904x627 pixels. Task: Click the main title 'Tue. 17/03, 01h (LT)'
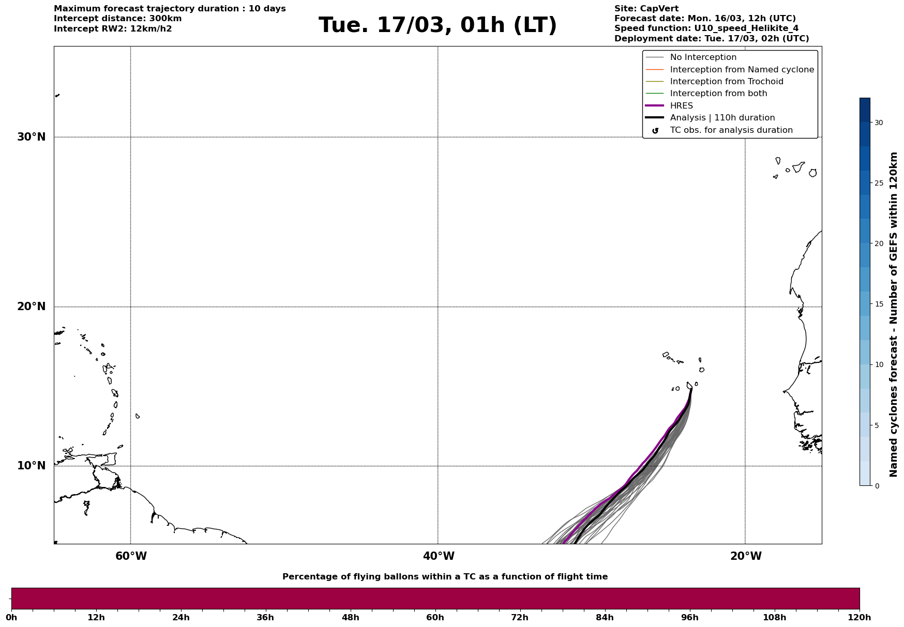pos(438,25)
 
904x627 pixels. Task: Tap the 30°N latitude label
pos(31,137)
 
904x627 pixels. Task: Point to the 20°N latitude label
pos(31,307)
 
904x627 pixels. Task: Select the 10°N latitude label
pos(31,466)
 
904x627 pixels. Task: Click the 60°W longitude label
pos(131,556)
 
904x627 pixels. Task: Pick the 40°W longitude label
pos(439,556)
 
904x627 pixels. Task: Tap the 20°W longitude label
pos(746,556)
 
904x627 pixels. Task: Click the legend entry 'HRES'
pos(681,106)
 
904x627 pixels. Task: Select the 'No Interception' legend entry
pos(703,57)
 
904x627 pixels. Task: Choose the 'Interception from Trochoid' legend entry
pos(726,82)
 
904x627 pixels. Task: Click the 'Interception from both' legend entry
pos(718,94)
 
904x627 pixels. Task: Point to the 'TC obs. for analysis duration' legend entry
pos(731,130)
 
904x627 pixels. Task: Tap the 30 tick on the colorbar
pos(879,123)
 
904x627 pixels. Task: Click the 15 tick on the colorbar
pos(879,304)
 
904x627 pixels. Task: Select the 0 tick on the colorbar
pos(877,486)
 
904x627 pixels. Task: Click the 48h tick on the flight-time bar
pos(350,618)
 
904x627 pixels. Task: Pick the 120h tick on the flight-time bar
pos(860,618)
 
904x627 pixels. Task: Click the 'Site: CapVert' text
pos(646,9)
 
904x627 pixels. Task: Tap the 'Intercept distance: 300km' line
pos(117,19)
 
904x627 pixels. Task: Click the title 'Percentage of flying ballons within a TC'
pos(445,577)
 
